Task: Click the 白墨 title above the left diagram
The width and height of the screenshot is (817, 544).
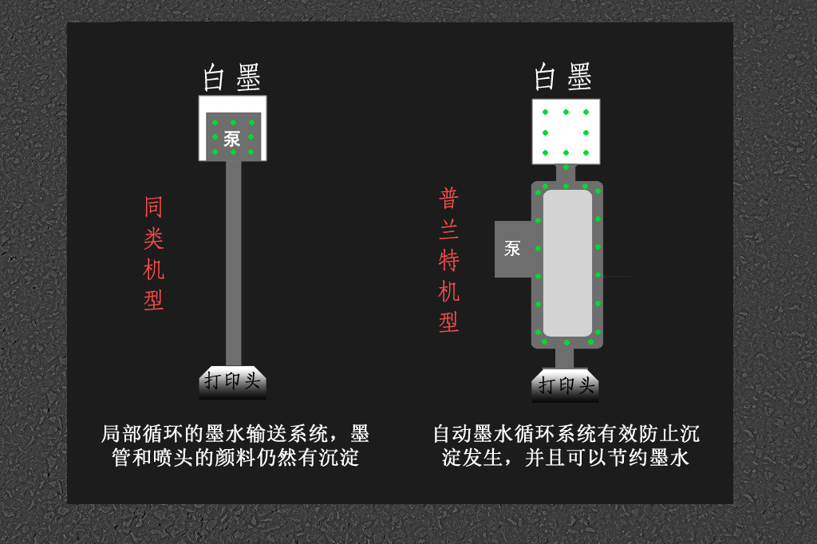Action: (232, 77)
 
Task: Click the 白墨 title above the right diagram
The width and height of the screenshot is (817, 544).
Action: (563, 76)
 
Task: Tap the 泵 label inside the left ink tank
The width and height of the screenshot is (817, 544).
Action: (232, 139)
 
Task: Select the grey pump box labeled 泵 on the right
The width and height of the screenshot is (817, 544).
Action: (513, 249)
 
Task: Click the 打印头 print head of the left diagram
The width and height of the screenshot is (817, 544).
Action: (232, 382)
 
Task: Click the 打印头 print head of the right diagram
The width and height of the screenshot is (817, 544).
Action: (566, 385)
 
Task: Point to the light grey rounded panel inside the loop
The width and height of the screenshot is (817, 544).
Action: (567, 263)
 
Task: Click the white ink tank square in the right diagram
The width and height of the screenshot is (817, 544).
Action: (566, 132)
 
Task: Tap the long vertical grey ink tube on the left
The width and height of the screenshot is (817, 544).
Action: (234, 264)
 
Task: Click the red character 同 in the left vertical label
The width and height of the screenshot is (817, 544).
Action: (153, 207)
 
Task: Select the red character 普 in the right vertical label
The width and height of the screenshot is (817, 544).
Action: (448, 199)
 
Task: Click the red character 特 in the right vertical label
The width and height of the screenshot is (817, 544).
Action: (448, 260)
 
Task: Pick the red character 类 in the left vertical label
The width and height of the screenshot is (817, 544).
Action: (153, 238)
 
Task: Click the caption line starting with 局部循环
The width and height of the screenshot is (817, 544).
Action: (235, 434)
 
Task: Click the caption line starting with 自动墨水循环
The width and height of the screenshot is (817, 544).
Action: (566, 434)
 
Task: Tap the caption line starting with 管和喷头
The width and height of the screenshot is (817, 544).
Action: (235, 458)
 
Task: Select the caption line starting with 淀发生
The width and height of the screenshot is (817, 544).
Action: (566, 458)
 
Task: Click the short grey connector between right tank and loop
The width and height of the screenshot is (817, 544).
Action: (566, 173)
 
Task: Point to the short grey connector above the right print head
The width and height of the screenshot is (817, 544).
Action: (564, 358)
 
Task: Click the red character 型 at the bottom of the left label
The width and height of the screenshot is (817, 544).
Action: (153, 301)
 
